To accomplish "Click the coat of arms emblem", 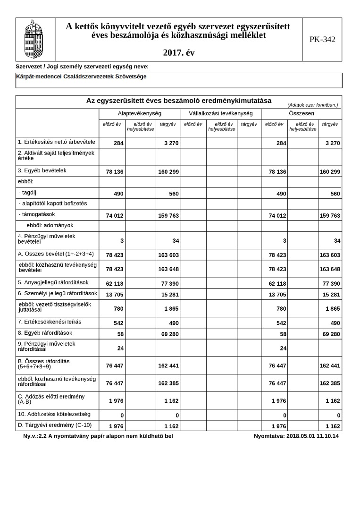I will [x=35, y=39].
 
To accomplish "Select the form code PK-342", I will [x=322, y=40].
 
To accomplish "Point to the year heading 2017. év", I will [x=178, y=53].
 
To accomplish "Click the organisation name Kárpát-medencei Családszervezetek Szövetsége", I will [x=81, y=76].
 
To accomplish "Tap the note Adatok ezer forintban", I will [x=312, y=105].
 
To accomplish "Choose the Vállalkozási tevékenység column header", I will [x=220, y=114].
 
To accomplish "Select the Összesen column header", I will [x=301, y=114].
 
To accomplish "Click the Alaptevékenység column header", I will [x=140, y=114].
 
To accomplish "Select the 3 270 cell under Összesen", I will [x=330, y=143].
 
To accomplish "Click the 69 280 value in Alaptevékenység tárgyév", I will [x=168, y=334].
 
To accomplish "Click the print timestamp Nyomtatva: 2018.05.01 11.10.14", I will [x=296, y=436].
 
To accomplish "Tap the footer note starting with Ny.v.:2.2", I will [x=98, y=436].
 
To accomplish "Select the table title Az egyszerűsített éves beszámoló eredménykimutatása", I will [x=178, y=101].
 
